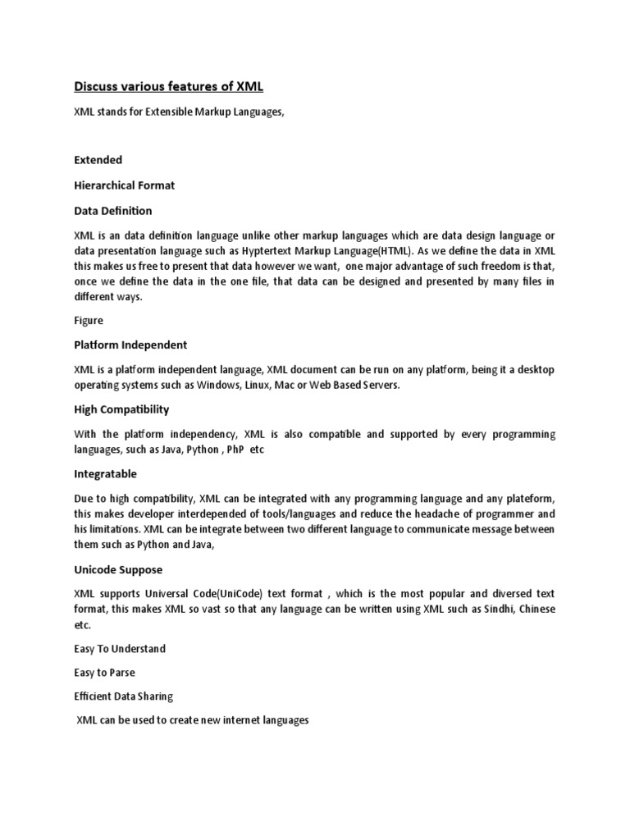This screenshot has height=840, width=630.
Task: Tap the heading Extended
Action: pyautogui.click(x=98, y=159)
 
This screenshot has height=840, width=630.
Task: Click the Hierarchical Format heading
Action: pyautogui.click(x=125, y=185)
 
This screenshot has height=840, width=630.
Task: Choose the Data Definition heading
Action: pyautogui.click(x=113, y=211)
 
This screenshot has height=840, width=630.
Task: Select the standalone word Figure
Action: pyautogui.click(x=89, y=321)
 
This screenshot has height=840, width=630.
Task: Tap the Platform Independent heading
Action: pyautogui.click(x=131, y=345)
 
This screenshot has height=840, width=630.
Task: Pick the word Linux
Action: pyautogui.click(x=282, y=385)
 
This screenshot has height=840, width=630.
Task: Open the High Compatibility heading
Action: pyautogui.click(x=122, y=409)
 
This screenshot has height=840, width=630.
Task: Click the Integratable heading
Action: pyautogui.click(x=106, y=473)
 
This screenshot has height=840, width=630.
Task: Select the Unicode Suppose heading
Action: pyautogui.click(x=118, y=569)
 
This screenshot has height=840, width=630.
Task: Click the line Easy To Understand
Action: pyautogui.click(x=120, y=649)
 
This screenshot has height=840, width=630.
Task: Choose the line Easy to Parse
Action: pyautogui.click(x=104, y=673)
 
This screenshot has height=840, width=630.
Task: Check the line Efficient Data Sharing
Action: pyautogui.click(x=124, y=696)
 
